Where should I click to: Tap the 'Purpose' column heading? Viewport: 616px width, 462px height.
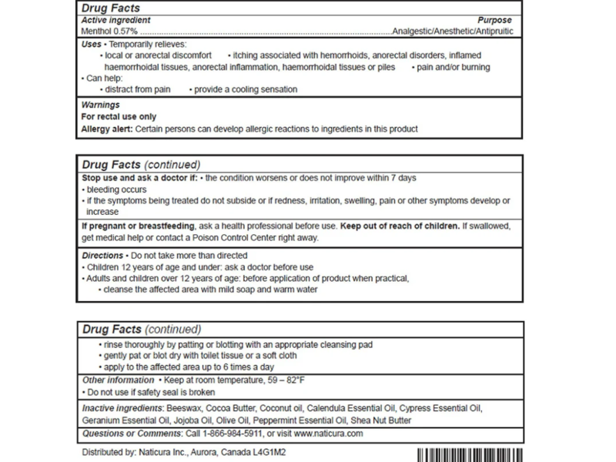point(495,20)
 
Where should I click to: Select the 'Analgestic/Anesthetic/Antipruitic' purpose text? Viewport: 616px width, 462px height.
point(452,32)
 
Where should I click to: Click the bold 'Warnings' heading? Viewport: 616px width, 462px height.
point(100,105)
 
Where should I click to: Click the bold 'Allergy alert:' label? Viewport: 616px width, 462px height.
point(107,129)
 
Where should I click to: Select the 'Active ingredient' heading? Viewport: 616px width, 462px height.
point(116,20)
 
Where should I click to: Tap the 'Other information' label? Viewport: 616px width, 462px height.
point(118,380)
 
